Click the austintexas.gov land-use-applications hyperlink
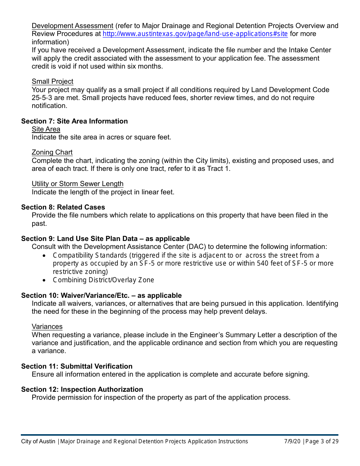coord(195,34)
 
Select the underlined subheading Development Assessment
coord(72,26)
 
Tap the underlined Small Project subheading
coord(52,81)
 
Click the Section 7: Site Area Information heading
coord(74,121)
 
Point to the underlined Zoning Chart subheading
coord(52,152)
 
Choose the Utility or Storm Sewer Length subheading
coord(77,184)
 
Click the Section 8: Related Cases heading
coord(63,207)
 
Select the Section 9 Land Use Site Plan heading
coord(105,239)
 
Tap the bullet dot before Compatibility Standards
coord(45,256)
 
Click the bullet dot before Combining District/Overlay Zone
coord(45,280)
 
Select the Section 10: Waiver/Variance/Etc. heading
coord(101,296)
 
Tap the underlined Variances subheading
coord(47,327)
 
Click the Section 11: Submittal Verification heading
coord(77,366)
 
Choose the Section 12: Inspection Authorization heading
coord(82,389)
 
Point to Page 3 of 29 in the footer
coord(322,441)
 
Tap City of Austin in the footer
coord(38,441)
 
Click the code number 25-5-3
coord(43,98)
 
